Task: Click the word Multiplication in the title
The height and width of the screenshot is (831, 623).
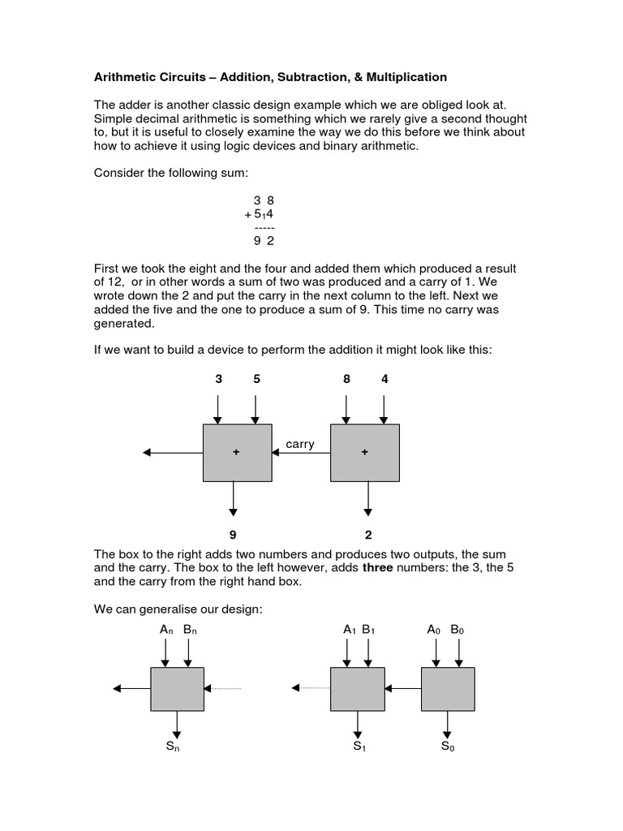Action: pyautogui.click(x=403, y=77)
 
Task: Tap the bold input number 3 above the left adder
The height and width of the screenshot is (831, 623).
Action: pyautogui.click(x=217, y=378)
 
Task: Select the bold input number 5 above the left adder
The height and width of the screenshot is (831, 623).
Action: pyautogui.click(x=256, y=378)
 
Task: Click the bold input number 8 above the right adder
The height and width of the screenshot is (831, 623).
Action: pyautogui.click(x=347, y=378)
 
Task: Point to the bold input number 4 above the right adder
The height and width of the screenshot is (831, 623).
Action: pyautogui.click(x=385, y=378)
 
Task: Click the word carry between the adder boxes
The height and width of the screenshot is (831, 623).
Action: pyautogui.click(x=300, y=444)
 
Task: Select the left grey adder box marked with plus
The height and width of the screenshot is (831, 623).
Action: pyautogui.click(x=236, y=452)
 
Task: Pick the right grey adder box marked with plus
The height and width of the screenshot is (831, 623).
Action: pyautogui.click(x=365, y=452)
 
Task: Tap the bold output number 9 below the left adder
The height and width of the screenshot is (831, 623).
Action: pyautogui.click(x=234, y=535)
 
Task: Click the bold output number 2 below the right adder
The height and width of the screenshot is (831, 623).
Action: pyautogui.click(x=367, y=535)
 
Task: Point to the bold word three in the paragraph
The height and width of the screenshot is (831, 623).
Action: pyautogui.click(x=377, y=568)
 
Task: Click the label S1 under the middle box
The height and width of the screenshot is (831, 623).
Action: pyautogui.click(x=359, y=747)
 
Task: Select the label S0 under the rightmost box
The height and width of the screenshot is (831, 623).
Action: pyautogui.click(x=448, y=747)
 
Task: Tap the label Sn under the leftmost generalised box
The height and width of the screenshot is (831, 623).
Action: pyautogui.click(x=172, y=747)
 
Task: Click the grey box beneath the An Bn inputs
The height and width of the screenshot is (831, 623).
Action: pyautogui.click(x=177, y=688)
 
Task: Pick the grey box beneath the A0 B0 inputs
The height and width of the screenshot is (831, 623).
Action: pyautogui.click(x=448, y=688)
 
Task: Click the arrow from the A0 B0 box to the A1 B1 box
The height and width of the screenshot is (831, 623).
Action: pyautogui.click(x=402, y=688)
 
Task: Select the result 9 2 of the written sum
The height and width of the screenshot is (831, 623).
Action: pyautogui.click(x=264, y=240)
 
